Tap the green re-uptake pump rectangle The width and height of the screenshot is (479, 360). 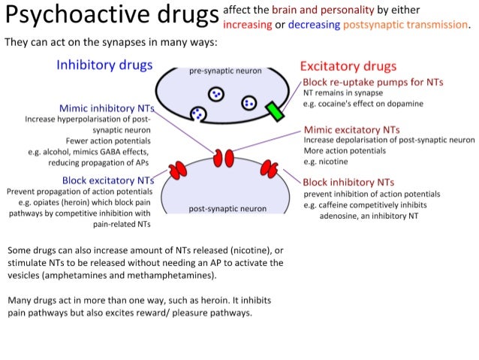276,111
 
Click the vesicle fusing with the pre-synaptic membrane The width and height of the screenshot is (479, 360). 198,114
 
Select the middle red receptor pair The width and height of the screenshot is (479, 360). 223,159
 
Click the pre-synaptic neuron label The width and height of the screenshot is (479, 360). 225,71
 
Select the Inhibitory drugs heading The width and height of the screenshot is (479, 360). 104,65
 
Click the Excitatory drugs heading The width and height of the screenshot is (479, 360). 348,67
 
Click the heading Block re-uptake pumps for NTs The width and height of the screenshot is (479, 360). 373,81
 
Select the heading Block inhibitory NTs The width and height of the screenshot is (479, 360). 348,182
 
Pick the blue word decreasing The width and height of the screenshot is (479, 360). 314,25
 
